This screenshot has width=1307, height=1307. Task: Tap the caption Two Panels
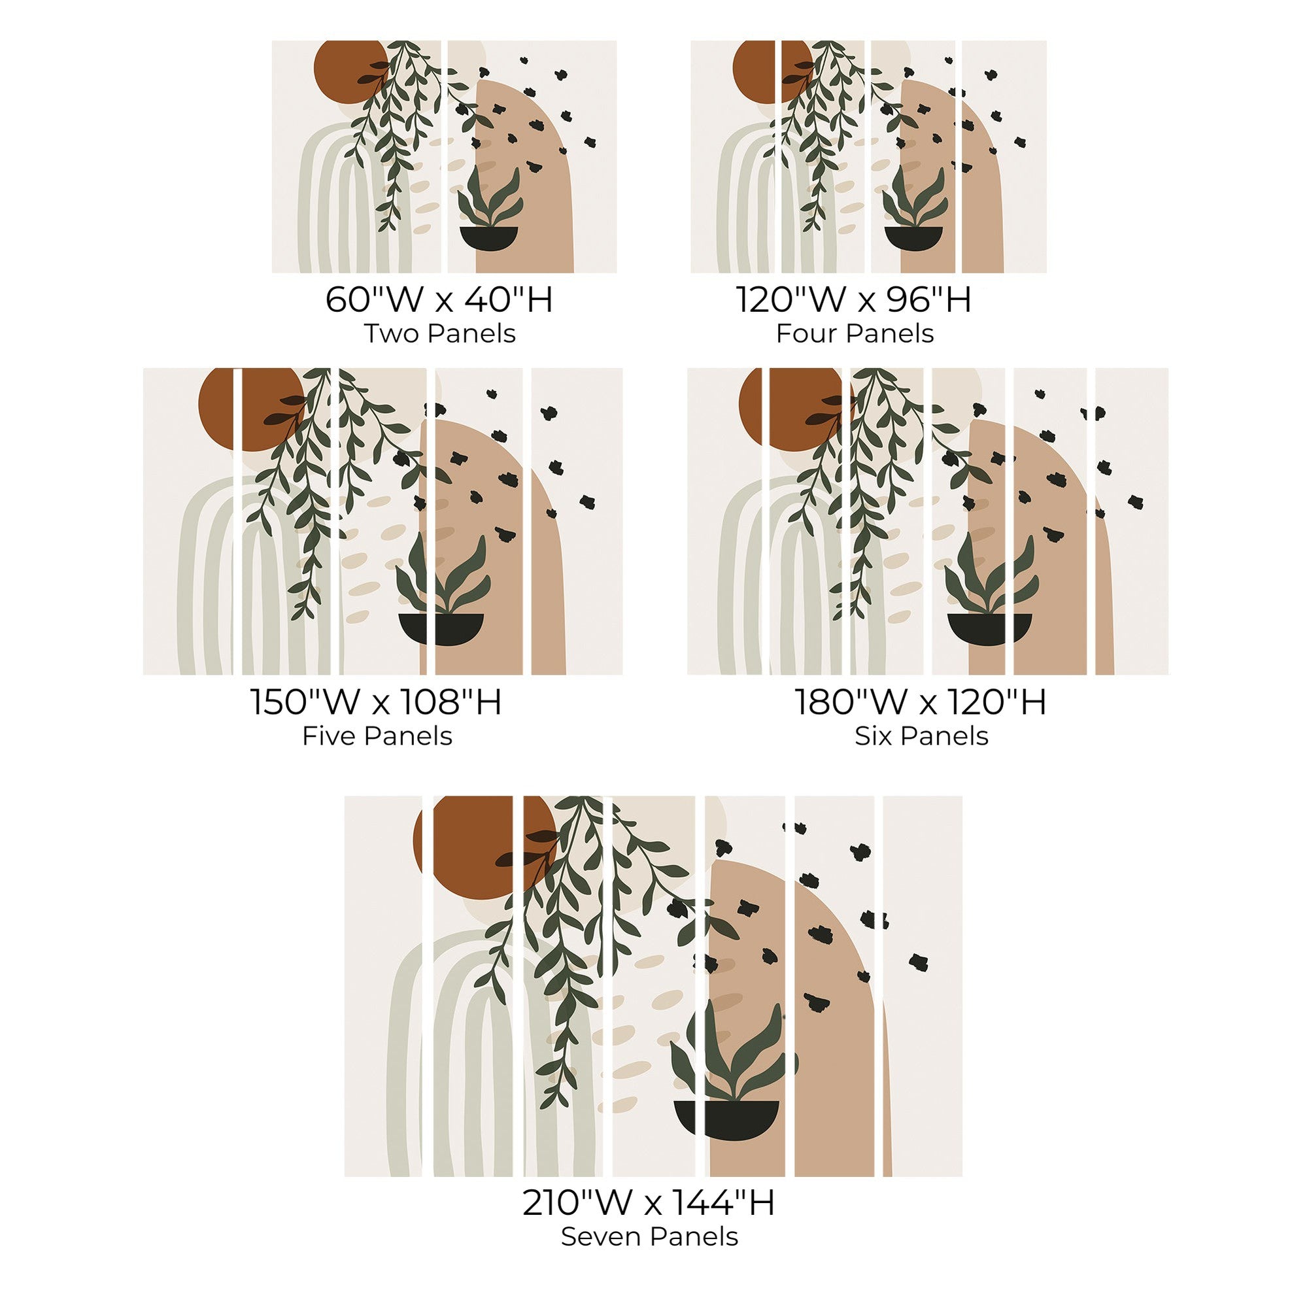(x=440, y=333)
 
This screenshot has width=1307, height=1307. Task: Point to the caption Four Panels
(x=855, y=333)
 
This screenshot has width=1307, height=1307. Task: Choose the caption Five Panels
(x=377, y=736)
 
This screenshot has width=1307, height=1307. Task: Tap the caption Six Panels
(x=921, y=736)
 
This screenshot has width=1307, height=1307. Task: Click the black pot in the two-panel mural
(x=488, y=238)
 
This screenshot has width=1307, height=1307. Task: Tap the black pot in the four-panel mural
(x=913, y=238)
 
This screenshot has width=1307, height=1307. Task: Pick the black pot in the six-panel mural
(x=989, y=628)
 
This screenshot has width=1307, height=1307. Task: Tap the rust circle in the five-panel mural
(x=250, y=409)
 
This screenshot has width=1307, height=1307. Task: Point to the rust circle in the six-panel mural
(x=795, y=409)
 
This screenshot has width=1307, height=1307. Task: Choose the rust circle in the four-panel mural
(x=772, y=71)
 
